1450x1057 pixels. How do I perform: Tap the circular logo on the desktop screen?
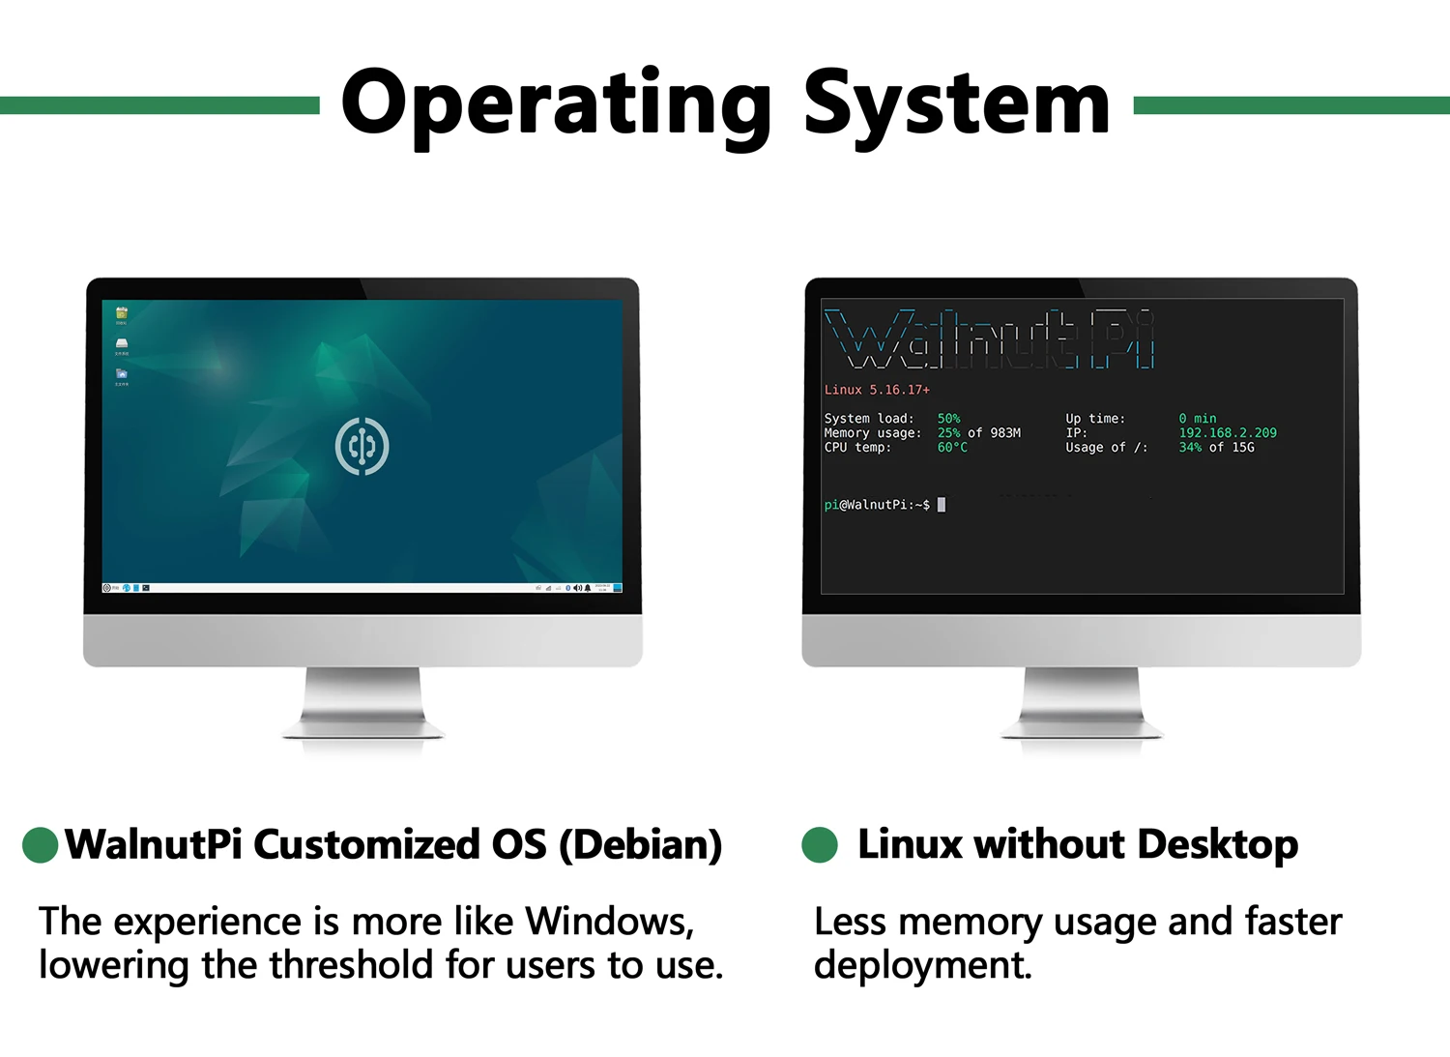[x=362, y=446]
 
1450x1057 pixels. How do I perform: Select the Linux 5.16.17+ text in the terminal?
[x=877, y=390]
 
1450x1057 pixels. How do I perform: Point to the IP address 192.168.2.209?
[x=1227, y=433]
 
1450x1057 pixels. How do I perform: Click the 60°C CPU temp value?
[x=951, y=448]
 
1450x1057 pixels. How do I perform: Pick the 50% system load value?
[x=948, y=419]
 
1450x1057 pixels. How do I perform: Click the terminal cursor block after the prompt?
[x=942, y=505]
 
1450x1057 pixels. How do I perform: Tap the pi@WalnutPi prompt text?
[x=875, y=505]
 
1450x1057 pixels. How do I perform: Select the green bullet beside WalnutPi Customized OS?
[x=41, y=844]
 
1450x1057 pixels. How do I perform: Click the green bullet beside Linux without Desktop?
[x=820, y=844]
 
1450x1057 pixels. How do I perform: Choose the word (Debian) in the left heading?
[x=640, y=844]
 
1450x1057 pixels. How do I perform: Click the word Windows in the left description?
[x=608, y=922]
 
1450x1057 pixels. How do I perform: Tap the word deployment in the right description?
[x=922, y=965]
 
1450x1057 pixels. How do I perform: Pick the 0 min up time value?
[x=1198, y=419]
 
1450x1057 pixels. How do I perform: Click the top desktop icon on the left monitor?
[x=121, y=313]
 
